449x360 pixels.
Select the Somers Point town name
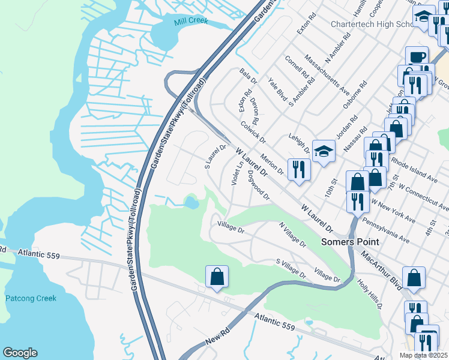350,241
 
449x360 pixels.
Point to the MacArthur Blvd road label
381,271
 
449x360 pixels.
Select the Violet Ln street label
237,174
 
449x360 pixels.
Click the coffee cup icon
417,57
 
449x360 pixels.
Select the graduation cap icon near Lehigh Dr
324,152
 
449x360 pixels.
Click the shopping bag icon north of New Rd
217,277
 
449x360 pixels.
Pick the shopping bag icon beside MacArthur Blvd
414,278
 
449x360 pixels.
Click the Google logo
20,353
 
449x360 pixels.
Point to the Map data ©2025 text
423,355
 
